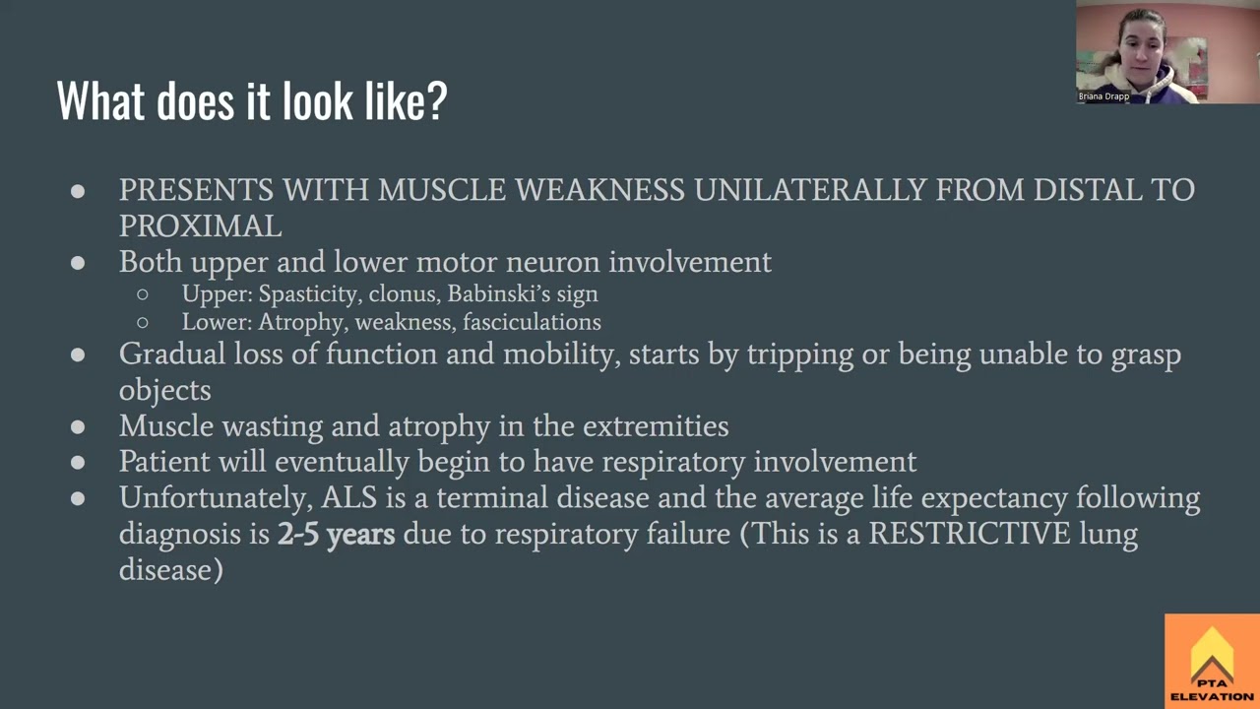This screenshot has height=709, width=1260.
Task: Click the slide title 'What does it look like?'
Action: click(252, 100)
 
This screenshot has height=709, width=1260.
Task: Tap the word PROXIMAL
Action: click(200, 226)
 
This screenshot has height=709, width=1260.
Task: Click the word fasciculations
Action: click(532, 322)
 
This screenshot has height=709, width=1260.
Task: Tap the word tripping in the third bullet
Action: click(786, 354)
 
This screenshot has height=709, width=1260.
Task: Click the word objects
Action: click(164, 390)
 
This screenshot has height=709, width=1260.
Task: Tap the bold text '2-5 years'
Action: click(336, 535)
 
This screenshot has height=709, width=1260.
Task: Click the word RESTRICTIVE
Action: click(969, 534)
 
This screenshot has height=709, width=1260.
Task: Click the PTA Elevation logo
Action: click(1212, 662)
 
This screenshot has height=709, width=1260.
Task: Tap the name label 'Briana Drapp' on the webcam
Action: click(1103, 97)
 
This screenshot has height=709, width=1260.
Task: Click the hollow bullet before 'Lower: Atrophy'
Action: click(143, 323)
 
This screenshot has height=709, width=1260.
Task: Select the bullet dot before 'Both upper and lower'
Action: click(78, 263)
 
